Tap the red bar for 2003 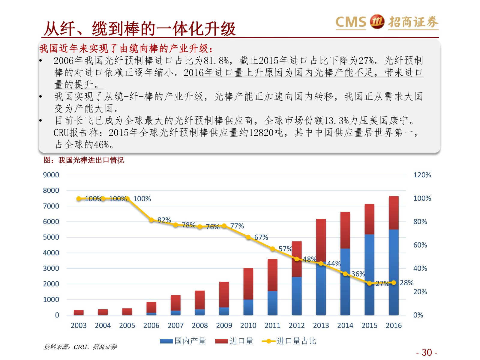pyautogui.click(x=79, y=312)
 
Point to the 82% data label pyautogui.click(x=164, y=220)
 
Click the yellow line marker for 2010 pyautogui.click(x=248, y=237)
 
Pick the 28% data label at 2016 pyautogui.click(x=406, y=283)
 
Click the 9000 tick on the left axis pyautogui.click(x=51, y=175)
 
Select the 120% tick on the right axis pyautogui.click(x=422, y=175)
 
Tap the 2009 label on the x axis pyautogui.click(x=224, y=325)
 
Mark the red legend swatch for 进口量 pyautogui.click(x=221, y=341)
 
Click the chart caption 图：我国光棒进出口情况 pyautogui.click(x=84, y=160)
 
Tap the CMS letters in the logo pyautogui.click(x=351, y=22)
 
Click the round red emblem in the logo pyautogui.click(x=377, y=22)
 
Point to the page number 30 pyautogui.click(x=427, y=352)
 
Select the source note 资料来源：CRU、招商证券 pyautogui.click(x=80, y=347)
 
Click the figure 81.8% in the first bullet pyautogui.click(x=216, y=61)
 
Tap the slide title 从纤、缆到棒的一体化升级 pyautogui.click(x=139, y=29)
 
